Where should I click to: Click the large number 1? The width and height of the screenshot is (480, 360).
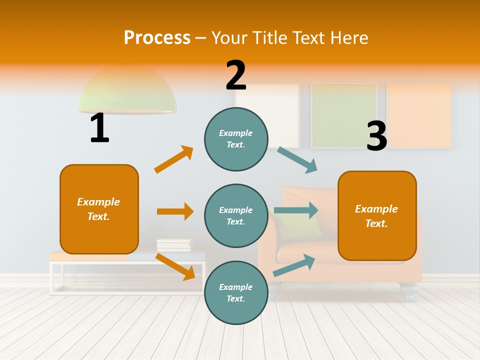[99, 128]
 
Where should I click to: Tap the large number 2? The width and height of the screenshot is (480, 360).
[236, 75]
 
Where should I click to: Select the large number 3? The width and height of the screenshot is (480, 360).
[376, 136]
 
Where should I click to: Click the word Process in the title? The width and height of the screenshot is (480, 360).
[157, 37]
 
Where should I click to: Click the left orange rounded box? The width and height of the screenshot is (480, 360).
[99, 209]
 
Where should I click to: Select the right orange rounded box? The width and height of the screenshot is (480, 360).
[377, 215]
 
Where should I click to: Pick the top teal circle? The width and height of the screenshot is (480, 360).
[236, 138]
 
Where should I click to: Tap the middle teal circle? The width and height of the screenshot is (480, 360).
[236, 215]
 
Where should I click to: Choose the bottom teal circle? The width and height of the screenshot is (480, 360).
[236, 292]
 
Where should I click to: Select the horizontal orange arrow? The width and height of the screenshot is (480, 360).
[175, 211]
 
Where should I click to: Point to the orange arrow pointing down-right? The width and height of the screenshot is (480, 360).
[175, 266]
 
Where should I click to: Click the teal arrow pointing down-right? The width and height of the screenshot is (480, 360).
[297, 160]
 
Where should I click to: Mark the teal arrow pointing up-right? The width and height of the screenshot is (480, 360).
[294, 265]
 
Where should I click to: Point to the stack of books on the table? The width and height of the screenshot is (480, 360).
[174, 245]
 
